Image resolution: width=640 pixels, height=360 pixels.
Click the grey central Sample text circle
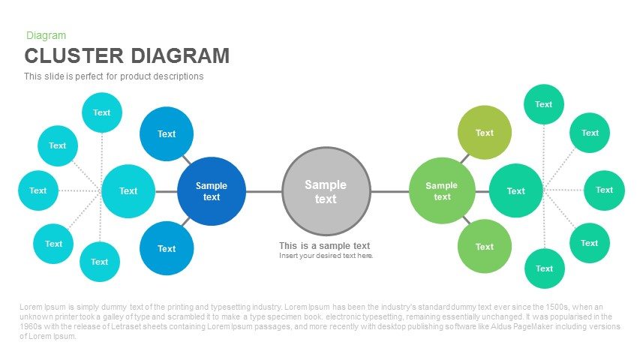pyautogui.click(x=326, y=191)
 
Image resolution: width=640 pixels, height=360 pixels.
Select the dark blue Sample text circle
pyautogui.click(x=212, y=191)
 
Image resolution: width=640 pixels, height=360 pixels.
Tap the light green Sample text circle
pyautogui.click(x=442, y=190)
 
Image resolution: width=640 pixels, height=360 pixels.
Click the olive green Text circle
pyautogui.click(x=485, y=132)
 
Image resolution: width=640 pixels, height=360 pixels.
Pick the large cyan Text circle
pyautogui.click(x=128, y=191)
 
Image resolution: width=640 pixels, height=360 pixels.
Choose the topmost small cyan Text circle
pyautogui.click(x=102, y=112)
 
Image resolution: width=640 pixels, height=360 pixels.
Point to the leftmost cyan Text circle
pyautogui.click(x=38, y=190)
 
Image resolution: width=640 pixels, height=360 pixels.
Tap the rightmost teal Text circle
pyautogui.click(x=604, y=190)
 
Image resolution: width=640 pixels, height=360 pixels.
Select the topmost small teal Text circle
pyautogui.click(x=544, y=104)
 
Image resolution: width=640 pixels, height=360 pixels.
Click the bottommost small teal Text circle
pyautogui.click(x=545, y=268)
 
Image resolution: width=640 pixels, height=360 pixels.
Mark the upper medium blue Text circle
pyautogui.click(x=167, y=134)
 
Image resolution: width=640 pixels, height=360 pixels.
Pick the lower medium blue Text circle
pyautogui.click(x=167, y=248)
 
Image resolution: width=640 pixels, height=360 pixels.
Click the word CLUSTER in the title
pyautogui.click(x=74, y=56)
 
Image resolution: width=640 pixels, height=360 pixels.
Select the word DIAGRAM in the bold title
pyautogui.click(x=180, y=56)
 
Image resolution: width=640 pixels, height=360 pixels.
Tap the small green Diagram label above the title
pyautogui.click(x=46, y=35)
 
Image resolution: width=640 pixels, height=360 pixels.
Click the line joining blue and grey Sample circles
pyautogui.click(x=264, y=191)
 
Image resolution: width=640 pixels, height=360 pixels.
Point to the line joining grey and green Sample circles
pyautogui.click(x=390, y=191)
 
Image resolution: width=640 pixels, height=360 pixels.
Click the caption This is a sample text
pyautogui.click(x=324, y=246)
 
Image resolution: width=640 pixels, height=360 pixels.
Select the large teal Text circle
pyautogui.click(x=516, y=190)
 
